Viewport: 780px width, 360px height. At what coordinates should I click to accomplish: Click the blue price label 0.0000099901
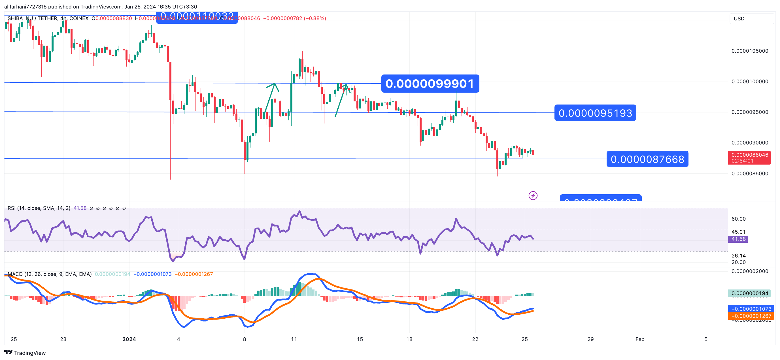click(430, 84)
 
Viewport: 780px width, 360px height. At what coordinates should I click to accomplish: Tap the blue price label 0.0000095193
click(595, 113)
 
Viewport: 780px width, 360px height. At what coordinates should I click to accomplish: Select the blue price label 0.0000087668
click(647, 159)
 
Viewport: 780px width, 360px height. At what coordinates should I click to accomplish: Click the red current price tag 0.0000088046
click(749, 155)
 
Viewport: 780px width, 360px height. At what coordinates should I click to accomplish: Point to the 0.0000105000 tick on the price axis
click(749, 51)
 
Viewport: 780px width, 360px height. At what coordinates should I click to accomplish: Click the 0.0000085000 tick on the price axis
click(749, 174)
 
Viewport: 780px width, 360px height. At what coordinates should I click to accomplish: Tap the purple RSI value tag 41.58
click(738, 239)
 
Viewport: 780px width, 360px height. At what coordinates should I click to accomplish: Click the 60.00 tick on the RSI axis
click(738, 219)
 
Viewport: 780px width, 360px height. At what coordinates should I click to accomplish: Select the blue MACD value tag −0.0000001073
click(751, 309)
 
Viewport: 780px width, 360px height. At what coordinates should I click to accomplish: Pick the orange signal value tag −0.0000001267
click(751, 316)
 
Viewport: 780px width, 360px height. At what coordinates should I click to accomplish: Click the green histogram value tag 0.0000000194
click(749, 293)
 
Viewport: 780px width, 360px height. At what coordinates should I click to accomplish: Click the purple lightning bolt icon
click(533, 196)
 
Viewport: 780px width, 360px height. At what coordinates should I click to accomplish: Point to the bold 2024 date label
click(129, 339)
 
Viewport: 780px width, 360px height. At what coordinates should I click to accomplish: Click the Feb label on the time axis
click(639, 339)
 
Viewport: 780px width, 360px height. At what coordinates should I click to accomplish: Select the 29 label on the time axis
click(590, 339)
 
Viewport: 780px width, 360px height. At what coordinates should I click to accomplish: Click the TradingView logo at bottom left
click(25, 353)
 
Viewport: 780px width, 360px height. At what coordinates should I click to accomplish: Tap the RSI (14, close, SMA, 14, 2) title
click(39, 208)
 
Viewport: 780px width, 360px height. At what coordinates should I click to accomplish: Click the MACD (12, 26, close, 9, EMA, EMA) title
click(49, 274)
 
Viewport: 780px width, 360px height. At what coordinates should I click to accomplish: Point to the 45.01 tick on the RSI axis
click(738, 232)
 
